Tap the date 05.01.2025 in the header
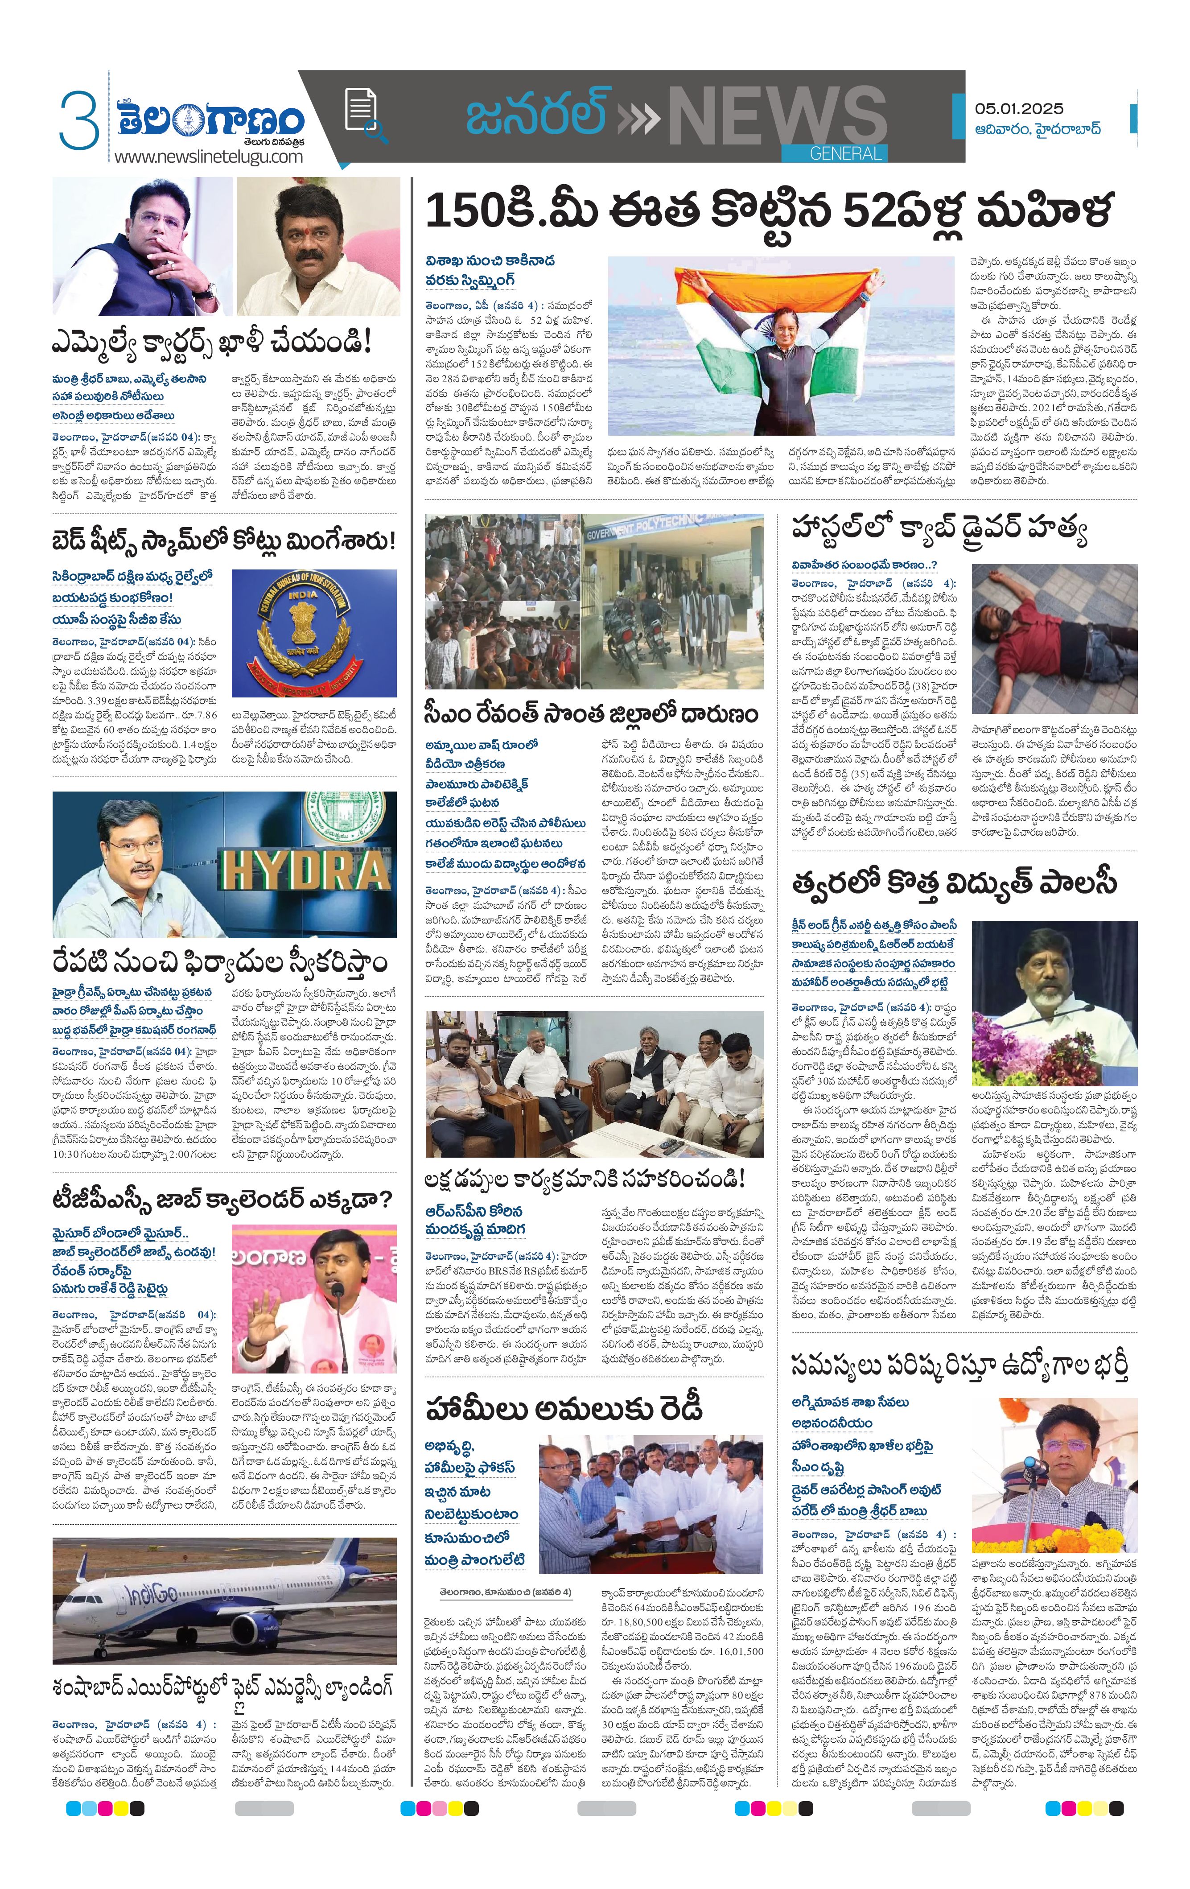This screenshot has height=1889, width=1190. pyautogui.click(x=1019, y=109)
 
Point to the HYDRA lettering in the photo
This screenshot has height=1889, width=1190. pyautogui.click(x=305, y=871)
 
